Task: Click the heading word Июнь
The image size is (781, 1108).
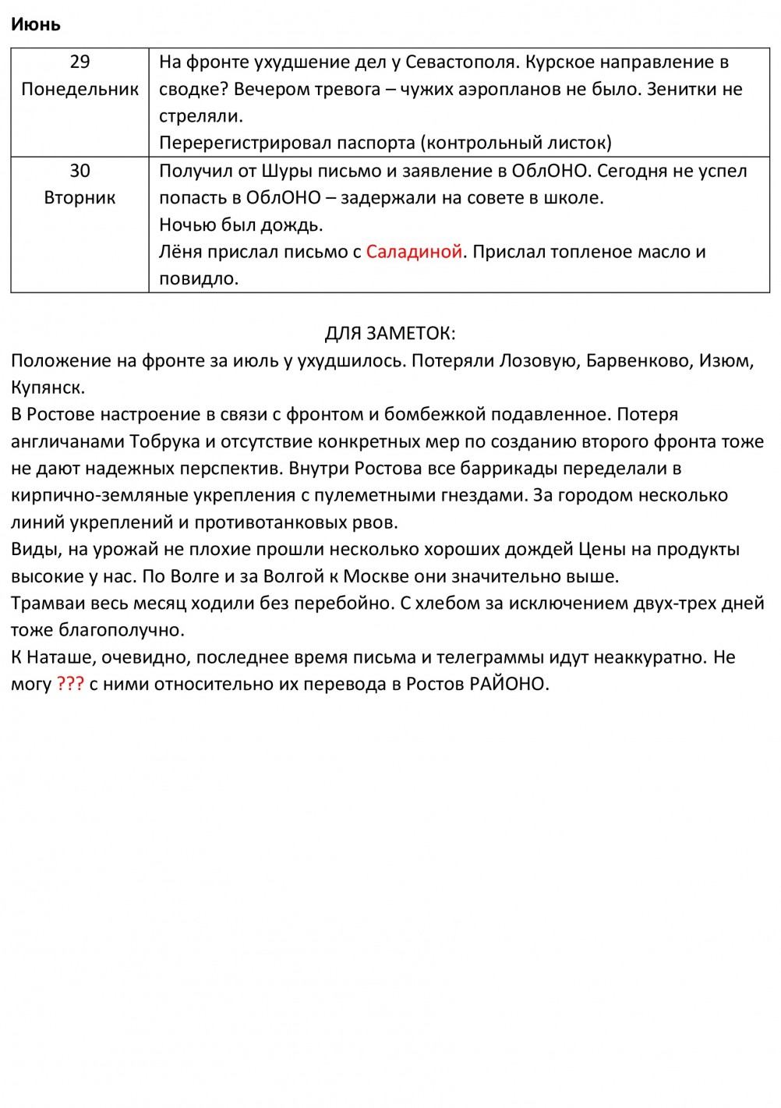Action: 35,24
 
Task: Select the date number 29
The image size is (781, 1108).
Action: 80,62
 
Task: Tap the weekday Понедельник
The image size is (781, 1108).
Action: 80,89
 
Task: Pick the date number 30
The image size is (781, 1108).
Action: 80,171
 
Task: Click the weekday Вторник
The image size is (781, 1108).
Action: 80,197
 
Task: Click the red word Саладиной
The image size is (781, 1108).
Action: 414,252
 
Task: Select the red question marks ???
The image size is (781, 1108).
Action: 70,684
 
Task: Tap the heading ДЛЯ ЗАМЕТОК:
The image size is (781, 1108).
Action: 390,334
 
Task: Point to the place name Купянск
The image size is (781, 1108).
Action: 48,388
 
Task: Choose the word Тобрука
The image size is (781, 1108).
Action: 164,441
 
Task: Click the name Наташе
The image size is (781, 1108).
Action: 62,657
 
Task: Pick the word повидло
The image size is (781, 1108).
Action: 198,279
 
